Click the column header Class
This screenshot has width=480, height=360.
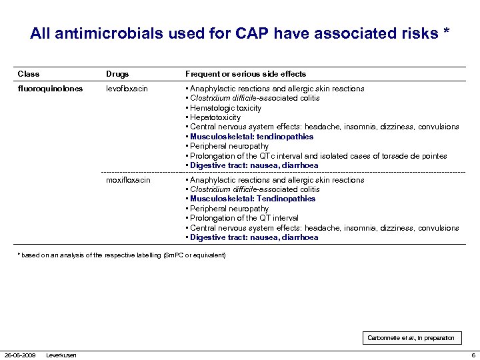(x=28, y=74)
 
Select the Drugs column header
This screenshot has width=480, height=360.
(x=117, y=74)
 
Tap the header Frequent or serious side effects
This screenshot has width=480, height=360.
(x=245, y=74)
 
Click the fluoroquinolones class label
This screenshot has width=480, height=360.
(x=51, y=89)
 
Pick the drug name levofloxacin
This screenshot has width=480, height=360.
(x=127, y=89)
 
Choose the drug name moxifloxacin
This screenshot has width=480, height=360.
(x=128, y=180)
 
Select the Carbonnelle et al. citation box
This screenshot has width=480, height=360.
(x=411, y=338)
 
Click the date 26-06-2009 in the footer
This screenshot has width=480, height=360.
(x=20, y=355)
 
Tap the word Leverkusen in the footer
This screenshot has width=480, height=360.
(x=61, y=355)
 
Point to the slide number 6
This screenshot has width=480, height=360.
(x=473, y=355)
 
